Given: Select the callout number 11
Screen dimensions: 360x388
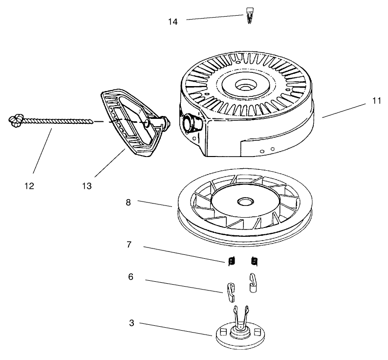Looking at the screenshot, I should point(376,101).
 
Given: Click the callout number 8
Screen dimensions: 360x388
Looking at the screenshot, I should point(128,202).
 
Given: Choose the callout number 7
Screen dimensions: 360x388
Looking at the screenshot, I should point(129,244).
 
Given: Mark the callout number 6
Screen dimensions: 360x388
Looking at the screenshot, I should point(130,276).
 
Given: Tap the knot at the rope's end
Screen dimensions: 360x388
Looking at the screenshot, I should point(16,119).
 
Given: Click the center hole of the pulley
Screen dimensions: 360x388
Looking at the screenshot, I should point(242,202).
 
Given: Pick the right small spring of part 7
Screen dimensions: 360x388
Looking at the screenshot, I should point(254,262).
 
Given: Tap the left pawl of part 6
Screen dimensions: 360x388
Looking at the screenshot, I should point(231,292).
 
